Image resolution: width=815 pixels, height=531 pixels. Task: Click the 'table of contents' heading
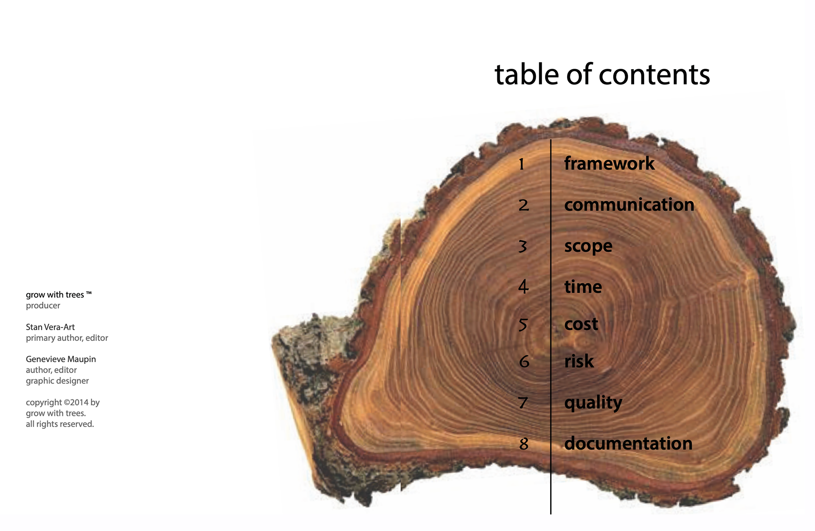coord(602,75)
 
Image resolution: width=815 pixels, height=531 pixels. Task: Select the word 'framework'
coord(609,163)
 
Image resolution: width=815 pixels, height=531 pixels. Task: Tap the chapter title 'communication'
coord(629,205)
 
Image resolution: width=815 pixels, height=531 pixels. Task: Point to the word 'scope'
coord(588,246)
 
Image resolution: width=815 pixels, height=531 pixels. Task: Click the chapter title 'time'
coord(583,287)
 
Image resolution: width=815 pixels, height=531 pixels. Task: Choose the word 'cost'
coord(581,324)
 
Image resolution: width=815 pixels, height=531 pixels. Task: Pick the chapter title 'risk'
coord(579,361)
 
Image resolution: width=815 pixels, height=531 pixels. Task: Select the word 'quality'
coord(593,402)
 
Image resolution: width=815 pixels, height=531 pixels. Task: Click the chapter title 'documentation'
coord(628,444)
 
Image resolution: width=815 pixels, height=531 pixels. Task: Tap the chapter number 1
coord(522,164)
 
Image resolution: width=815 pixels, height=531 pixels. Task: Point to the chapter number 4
coord(523,287)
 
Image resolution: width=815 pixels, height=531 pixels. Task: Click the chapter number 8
coord(524,444)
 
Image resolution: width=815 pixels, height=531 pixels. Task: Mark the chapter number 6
coord(524,362)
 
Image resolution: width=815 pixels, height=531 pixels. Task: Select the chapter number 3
coord(523,246)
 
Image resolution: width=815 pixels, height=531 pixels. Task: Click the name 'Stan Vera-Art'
coord(50,327)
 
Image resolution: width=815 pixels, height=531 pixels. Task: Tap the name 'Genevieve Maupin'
coord(61,359)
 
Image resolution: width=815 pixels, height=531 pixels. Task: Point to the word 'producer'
coord(43,306)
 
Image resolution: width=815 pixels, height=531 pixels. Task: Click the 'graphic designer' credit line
coord(57,381)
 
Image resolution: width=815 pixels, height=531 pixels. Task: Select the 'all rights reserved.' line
coord(60,424)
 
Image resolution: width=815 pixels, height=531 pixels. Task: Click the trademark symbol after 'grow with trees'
coord(89,293)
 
